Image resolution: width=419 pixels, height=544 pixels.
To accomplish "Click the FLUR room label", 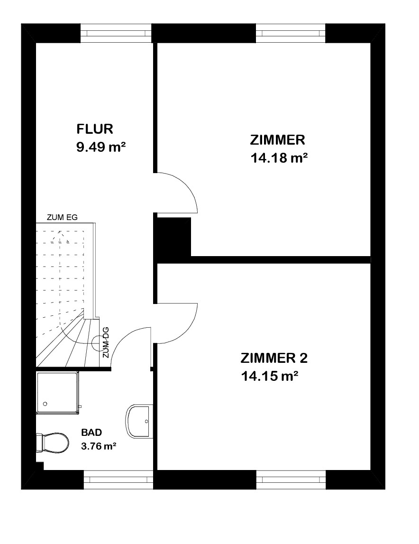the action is pos(95,129).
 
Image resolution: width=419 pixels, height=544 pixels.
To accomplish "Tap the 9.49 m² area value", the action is pos(100,147).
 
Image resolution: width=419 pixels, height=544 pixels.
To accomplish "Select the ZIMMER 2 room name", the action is pos(274,358).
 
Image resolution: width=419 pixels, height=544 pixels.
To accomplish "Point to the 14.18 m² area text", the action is pos(279,158).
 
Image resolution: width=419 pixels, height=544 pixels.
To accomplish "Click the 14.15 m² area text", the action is pos(270,376).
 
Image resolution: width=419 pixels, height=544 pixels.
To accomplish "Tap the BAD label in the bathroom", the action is pos(91,432).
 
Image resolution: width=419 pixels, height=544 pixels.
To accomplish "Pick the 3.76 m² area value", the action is pos(99,446).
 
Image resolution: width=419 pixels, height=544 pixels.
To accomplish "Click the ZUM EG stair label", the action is pos(62,218).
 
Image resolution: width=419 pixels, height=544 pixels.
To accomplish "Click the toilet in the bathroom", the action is pos(52,443).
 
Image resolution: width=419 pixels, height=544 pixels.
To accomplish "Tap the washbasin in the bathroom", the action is pos(139,421).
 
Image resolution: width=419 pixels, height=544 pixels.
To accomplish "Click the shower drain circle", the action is pos(45,404).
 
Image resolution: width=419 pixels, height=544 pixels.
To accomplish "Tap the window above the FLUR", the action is pos(116,33).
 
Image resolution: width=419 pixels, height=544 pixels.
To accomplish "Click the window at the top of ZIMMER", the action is pos(291,33).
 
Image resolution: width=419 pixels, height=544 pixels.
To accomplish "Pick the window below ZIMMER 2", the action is pos(291,479).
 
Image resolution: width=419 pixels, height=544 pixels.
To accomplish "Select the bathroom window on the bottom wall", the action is pos(118,479).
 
